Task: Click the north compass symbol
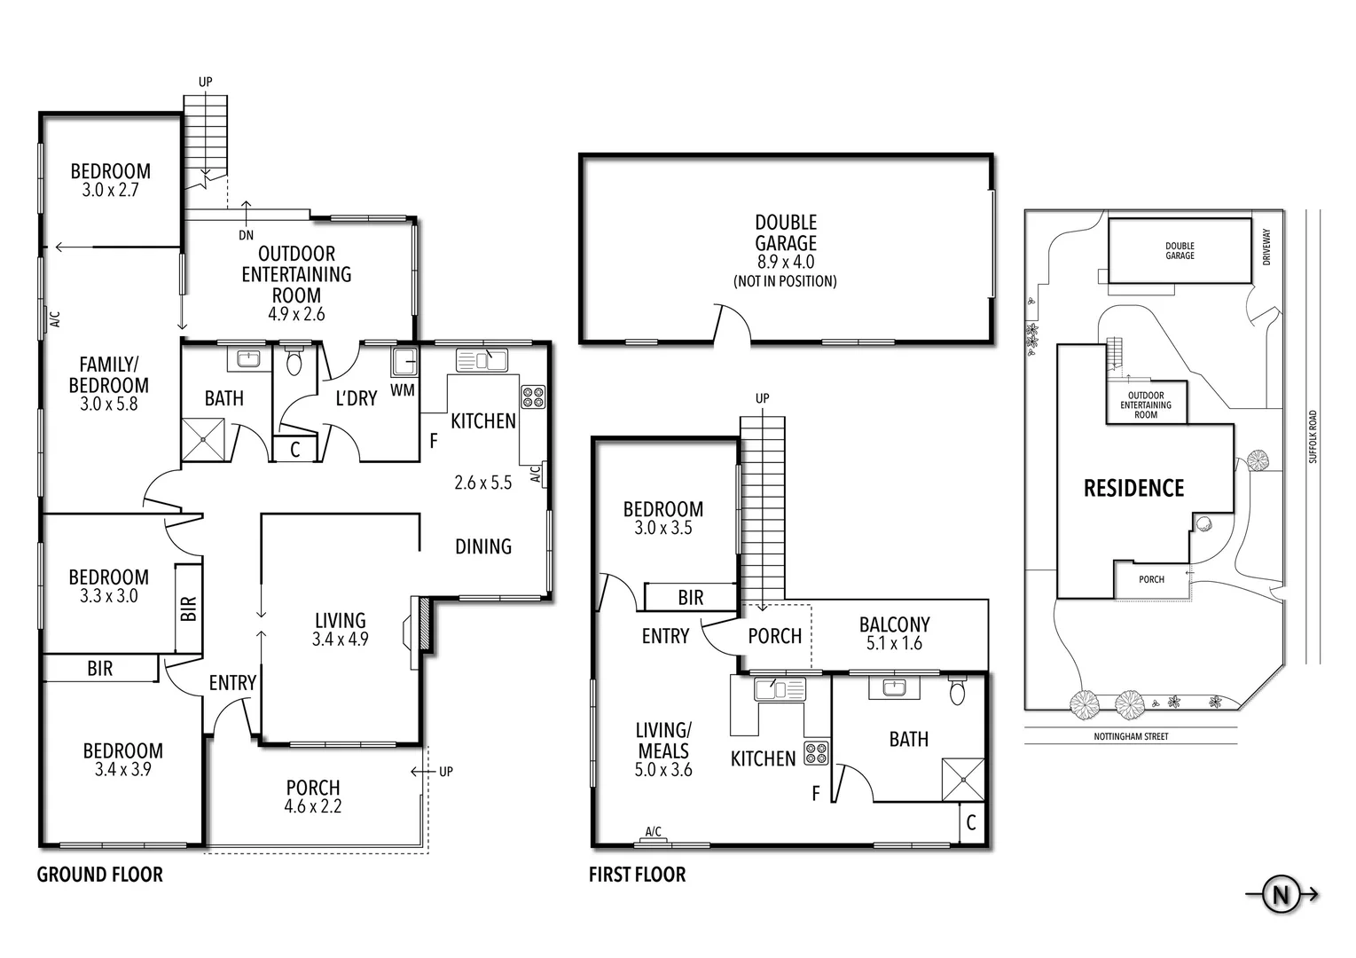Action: tap(1281, 895)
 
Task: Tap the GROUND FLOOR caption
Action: tap(99, 875)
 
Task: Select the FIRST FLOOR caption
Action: tap(637, 875)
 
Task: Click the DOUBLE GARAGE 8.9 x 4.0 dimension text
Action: tap(785, 262)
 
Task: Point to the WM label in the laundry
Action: tap(402, 389)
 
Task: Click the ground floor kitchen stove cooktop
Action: tap(532, 397)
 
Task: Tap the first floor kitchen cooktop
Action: tap(816, 753)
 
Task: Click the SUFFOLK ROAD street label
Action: tap(1313, 436)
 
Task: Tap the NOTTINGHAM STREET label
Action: tap(1131, 736)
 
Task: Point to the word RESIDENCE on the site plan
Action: tap(1133, 488)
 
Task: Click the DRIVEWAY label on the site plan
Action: tap(1266, 247)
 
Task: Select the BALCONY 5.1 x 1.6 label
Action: tap(894, 633)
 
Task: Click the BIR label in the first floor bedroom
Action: tap(690, 598)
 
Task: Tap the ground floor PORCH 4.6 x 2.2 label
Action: tap(313, 797)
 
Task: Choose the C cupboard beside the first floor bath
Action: tap(971, 822)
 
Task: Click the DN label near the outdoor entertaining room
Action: tap(246, 235)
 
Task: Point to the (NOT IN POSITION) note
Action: tap(785, 281)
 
